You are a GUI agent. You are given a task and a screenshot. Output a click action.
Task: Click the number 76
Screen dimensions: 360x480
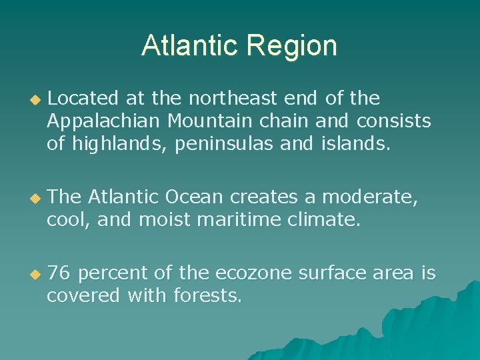pyautogui.click(x=59, y=273)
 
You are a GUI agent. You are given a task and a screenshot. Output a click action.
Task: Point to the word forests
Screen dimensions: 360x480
pyautogui.click(x=207, y=295)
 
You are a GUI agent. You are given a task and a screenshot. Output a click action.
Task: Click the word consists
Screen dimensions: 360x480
pyautogui.click(x=394, y=121)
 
